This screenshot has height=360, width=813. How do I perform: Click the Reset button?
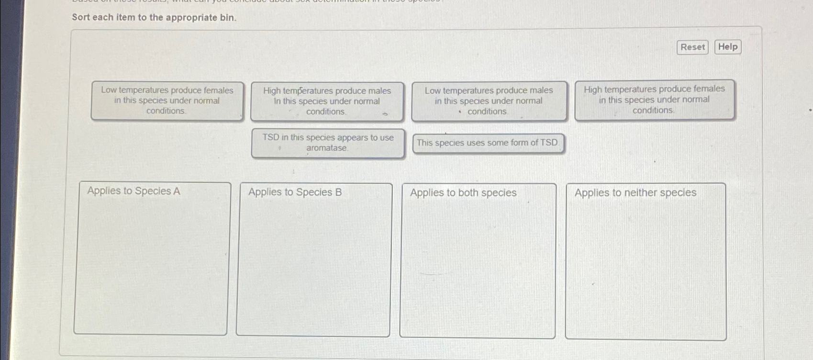click(692, 47)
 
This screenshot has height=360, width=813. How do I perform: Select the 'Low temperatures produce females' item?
click(167, 101)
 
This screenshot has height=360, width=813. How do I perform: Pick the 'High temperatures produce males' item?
click(327, 101)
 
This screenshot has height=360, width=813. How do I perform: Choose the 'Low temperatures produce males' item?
click(489, 101)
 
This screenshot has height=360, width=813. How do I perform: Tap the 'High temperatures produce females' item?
click(654, 100)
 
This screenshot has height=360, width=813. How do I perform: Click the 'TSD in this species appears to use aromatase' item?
click(328, 143)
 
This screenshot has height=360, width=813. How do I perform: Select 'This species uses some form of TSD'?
click(488, 143)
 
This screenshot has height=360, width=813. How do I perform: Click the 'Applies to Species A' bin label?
click(134, 191)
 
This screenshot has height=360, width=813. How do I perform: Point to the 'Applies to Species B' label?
click(295, 192)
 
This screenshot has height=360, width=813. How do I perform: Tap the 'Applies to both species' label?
click(463, 192)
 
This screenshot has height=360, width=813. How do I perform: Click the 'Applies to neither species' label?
click(635, 192)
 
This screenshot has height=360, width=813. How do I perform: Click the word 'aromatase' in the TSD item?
click(326, 148)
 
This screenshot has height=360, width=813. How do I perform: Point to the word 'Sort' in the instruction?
click(81, 17)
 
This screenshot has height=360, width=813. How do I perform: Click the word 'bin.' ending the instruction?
click(228, 18)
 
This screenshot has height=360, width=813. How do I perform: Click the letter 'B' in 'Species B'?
click(338, 192)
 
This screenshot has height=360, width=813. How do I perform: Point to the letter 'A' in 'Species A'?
click(177, 191)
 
